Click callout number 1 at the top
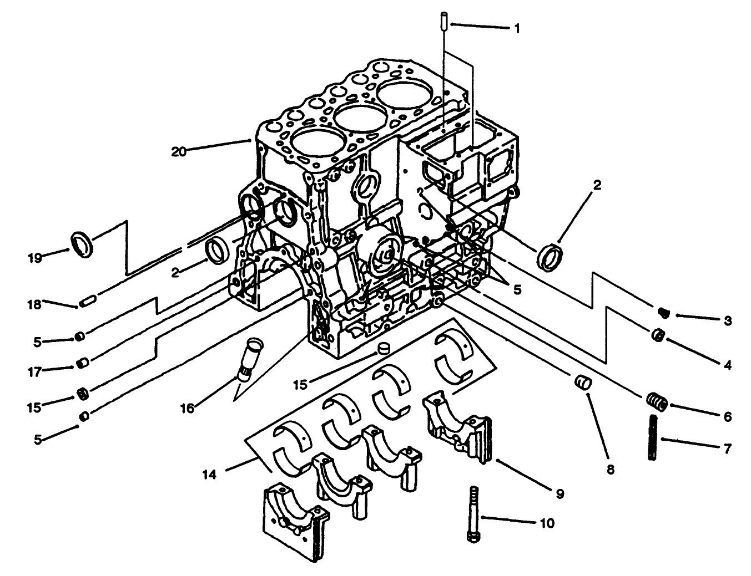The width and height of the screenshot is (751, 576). coord(517,28)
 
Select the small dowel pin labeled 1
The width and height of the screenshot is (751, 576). coord(445,22)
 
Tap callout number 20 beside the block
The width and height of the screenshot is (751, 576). coord(179,151)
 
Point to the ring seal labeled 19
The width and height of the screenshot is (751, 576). coord(83,244)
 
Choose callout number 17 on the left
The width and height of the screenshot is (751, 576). coord(35,372)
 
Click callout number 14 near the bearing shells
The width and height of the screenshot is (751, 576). coord(210,474)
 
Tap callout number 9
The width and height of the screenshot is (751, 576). coord(560,493)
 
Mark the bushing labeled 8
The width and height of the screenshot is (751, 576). coord(583,383)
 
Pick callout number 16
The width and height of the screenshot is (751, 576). coord(187,409)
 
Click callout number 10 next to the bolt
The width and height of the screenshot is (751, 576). coord(547,523)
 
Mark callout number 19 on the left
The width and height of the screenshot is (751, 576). coord(35,258)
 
